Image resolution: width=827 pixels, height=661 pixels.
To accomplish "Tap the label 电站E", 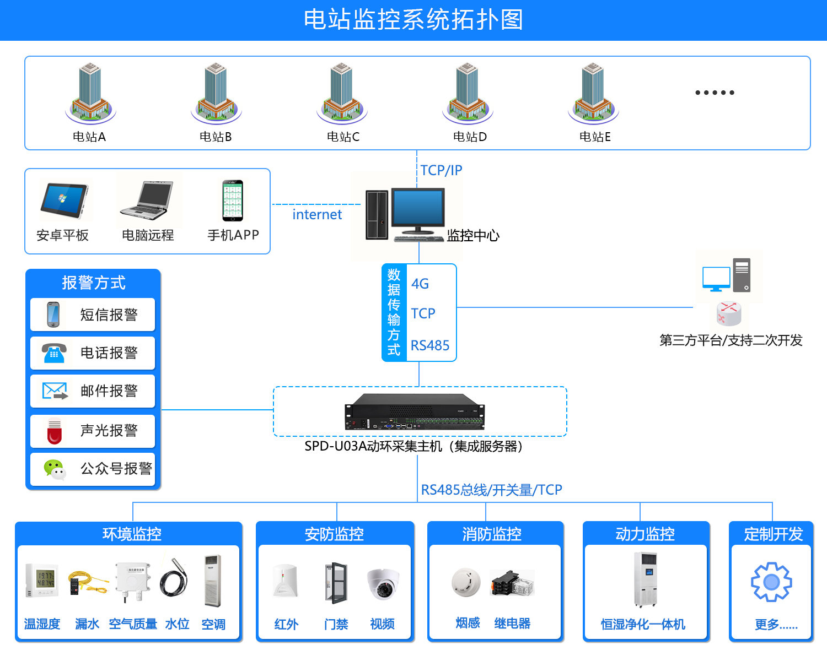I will (x=595, y=137).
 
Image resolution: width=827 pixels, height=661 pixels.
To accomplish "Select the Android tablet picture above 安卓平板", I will (x=64, y=202).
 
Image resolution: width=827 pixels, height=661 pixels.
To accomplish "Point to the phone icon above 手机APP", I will (x=233, y=201).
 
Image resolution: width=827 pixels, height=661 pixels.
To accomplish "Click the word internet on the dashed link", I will (x=317, y=214).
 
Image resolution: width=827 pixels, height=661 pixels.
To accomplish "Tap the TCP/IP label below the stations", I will (x=441, y=170).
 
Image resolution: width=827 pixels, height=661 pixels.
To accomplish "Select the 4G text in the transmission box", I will (x=420, y=284).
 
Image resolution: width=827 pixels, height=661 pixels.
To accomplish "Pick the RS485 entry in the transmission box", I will (x=430, y=345).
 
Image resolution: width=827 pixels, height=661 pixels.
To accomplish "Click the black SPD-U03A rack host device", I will (x=415, y=412).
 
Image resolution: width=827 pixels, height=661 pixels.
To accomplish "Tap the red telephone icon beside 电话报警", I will (x=54, y=353).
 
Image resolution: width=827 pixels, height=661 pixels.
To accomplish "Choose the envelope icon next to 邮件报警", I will (x=55, y=391).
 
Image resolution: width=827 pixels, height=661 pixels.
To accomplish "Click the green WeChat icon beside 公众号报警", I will (x=55, y=469).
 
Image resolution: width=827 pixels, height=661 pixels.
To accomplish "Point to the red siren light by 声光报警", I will (x=55, y=431).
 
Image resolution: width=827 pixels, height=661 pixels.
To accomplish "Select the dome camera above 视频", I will (x=383, y=584).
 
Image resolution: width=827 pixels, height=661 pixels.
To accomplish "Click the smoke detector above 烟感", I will (x=466, y=582).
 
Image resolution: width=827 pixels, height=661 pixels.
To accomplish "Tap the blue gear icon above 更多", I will (x=772, y=582).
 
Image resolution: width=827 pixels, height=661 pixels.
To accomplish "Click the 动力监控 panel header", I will (x=645, y=534).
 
